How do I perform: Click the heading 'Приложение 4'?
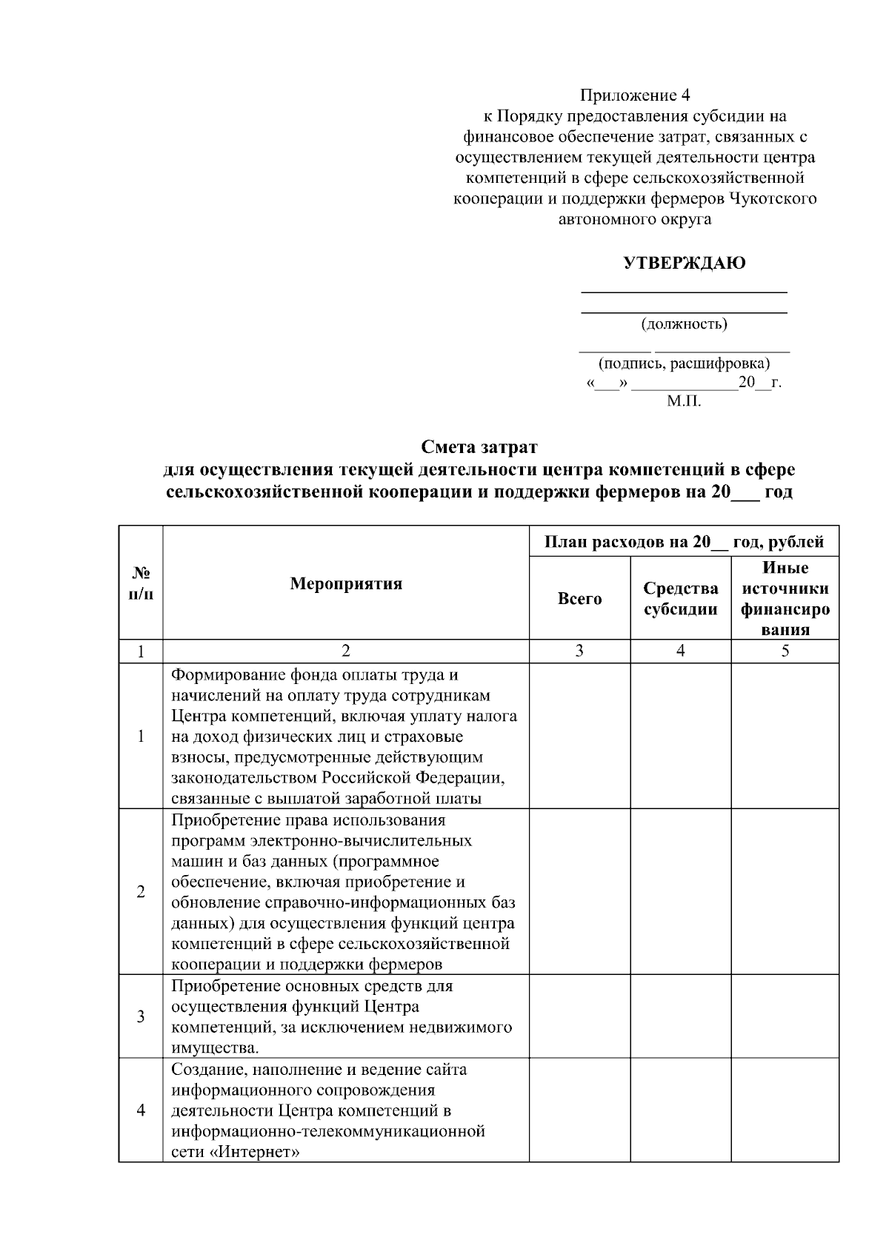635,95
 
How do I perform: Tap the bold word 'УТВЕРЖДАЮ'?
684,264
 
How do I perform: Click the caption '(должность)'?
684,324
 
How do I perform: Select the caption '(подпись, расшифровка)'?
684,363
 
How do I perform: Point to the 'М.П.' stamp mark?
683,402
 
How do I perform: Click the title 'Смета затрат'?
479,447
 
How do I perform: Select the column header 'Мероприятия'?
346,583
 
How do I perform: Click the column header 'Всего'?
579,599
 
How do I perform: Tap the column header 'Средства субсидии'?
680,599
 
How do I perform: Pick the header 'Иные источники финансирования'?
785,599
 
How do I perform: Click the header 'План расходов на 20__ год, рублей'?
684,542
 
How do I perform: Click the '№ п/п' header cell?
141,583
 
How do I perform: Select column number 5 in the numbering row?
785,651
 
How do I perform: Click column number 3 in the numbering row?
579,651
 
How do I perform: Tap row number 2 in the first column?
141,892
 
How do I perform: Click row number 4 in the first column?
141,1110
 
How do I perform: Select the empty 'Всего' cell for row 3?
579,1016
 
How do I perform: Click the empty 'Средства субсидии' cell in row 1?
680,736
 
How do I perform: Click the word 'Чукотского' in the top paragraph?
773,199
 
